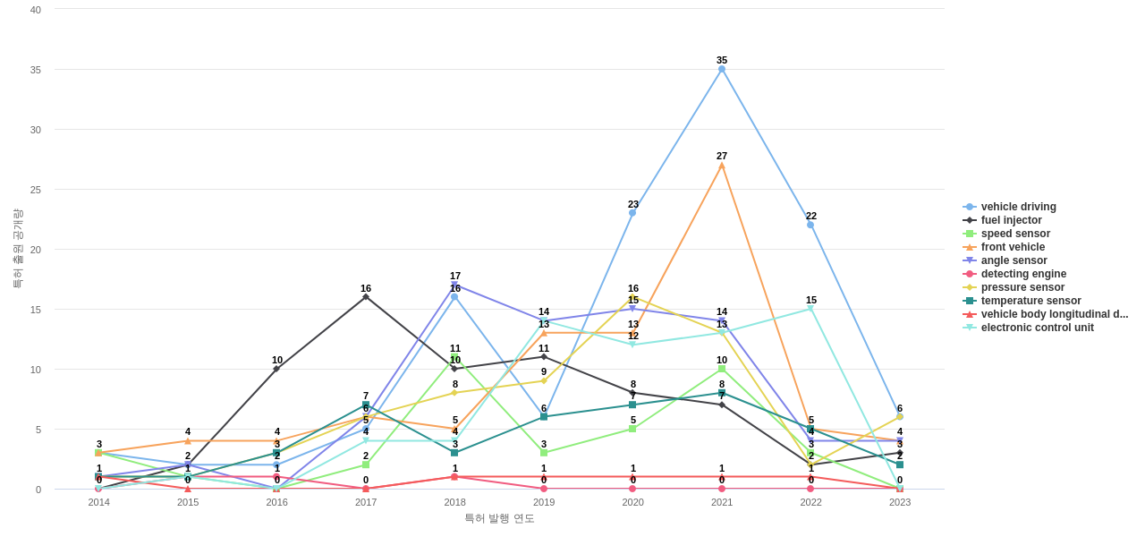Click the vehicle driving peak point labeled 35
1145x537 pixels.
(x=722, y=69)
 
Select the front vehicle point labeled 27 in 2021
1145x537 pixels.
(x=722, y=166)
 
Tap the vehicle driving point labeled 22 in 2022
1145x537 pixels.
(x=810, y=225)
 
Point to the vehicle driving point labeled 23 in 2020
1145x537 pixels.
(x=632, y=213)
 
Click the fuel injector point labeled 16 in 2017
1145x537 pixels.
(x=366, y=297)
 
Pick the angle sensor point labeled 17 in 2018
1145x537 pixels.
(x=454, y=285)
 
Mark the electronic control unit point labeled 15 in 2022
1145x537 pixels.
(x=810, y=309)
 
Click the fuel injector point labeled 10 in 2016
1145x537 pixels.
(x=276, y=369)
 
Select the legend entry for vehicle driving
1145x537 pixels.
(x=1018, y=207)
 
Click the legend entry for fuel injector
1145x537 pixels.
(x=1011, y=220)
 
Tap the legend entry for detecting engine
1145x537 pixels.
(x=1023, y=274)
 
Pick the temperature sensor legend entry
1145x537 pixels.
(x=1030, y=301)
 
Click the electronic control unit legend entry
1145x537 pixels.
(x=1037, y=328)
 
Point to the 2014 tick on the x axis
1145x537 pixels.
(x=99, y=502)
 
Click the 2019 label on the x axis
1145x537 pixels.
(x=544, y=502)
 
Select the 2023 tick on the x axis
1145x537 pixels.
(x=900, y=502)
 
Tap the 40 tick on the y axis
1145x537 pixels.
(x=36, y=10)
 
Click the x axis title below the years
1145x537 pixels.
(x=499, y=518)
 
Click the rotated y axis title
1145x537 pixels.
(x=17, y=249)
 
